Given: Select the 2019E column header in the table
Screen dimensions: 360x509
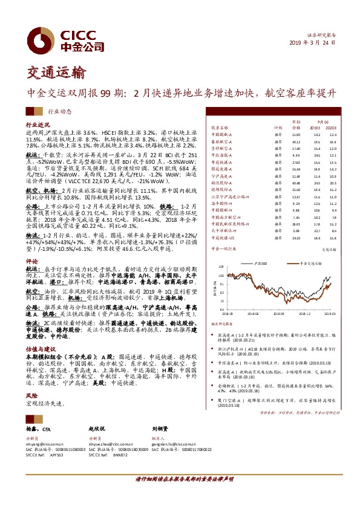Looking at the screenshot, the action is (x=314, y=128).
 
